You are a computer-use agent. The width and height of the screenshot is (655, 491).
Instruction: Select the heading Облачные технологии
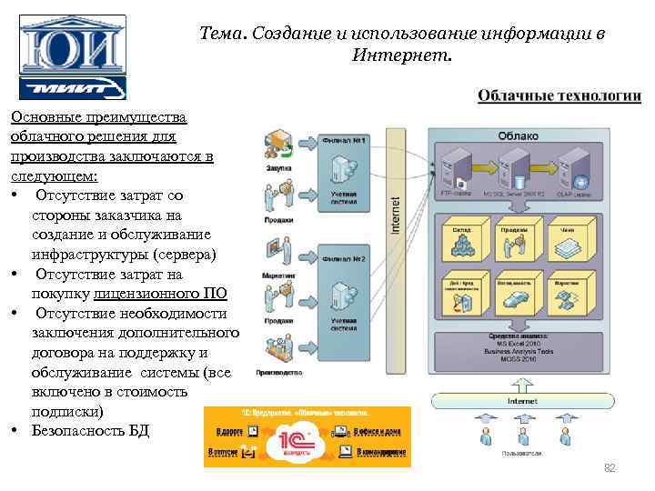point(559,96)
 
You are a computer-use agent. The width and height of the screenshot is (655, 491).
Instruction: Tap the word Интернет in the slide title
point(399,56)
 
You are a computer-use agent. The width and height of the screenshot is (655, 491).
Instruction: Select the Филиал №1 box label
point(344,141)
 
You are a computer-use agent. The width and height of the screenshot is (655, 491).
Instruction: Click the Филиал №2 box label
point(344,258)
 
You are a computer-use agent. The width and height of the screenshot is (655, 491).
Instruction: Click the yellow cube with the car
point(514,291)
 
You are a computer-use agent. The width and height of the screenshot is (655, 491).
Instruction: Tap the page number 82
point(610,467)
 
